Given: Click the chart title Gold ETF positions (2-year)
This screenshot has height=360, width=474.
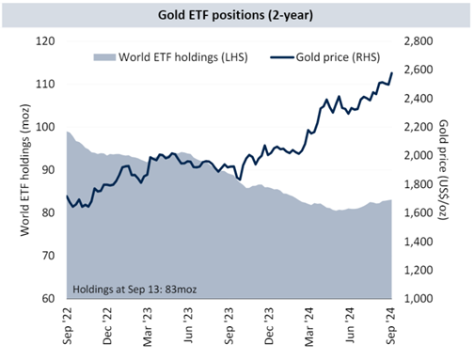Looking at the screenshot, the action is (x=235, y=15).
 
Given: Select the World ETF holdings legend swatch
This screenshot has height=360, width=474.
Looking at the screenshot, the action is (x=104, y=57).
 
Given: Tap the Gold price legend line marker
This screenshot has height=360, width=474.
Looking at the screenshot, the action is (x=282, y=57).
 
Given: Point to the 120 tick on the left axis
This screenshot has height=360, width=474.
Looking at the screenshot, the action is (x=45, y=41).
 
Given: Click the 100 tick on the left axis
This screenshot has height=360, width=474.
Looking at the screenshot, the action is (x=45, y=127).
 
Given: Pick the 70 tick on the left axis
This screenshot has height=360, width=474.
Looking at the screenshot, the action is (x=48, y=256).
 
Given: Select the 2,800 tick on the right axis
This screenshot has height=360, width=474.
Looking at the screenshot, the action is (x=419, y=41).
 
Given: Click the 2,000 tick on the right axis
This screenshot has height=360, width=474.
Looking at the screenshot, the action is (x=419, y=155).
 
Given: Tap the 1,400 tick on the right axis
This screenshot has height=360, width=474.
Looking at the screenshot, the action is (x=419, y=242).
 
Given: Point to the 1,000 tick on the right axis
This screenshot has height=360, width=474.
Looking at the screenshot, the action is (x=419, y=299).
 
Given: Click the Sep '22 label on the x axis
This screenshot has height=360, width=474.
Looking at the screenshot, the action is (x=68, y=326).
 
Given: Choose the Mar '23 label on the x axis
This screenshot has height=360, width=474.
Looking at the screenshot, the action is (x=148, y=327).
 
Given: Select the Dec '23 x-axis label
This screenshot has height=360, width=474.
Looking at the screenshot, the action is (x=269, y=326).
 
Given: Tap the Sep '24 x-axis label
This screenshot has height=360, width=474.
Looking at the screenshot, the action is (x=390, y=326).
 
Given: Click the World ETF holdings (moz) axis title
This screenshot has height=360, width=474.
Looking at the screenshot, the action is (x=24, y=170).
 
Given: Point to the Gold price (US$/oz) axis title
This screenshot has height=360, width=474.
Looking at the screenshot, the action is (x=443, y=169).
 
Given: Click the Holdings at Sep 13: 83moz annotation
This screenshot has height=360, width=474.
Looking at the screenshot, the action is (x=134, y=289).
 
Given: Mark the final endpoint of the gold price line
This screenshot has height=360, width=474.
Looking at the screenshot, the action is (x=392, y=72).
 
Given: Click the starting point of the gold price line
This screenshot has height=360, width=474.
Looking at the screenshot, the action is (x=67, y=196).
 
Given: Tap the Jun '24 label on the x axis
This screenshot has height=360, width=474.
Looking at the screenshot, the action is (x=350, y=325).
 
